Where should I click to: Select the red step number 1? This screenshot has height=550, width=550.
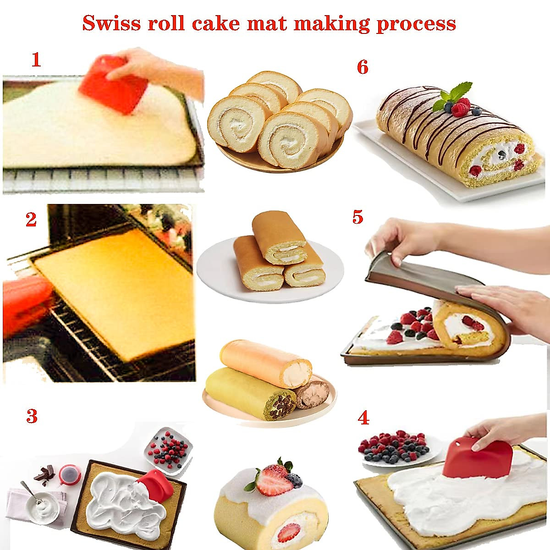(36, 60)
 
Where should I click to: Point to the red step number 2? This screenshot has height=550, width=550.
(31, 220)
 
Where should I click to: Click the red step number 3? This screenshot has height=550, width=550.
(31, 416)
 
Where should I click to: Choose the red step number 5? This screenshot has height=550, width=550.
(357, 217)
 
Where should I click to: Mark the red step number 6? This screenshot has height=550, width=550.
(362, 67)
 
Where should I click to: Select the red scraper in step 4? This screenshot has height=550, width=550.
(477, 458)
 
